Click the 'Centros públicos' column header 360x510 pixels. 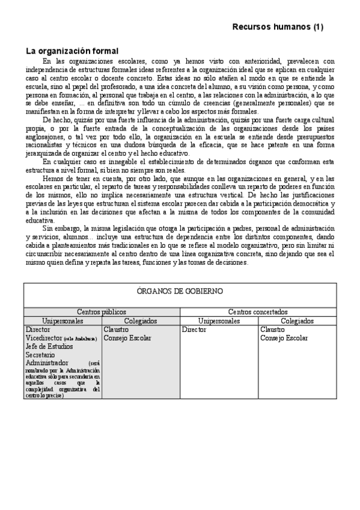tap(101, 313)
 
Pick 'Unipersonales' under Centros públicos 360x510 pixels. tap(63, 321)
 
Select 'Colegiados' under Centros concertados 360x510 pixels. tap(297, 321)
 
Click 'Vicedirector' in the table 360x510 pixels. tap(43, 339)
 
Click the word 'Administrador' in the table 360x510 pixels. tap(47, 363)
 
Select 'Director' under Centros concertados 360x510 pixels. tap(194, 330)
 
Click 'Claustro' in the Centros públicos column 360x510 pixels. tap(115, 330)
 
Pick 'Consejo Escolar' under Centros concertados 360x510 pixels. tap(284, 339)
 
